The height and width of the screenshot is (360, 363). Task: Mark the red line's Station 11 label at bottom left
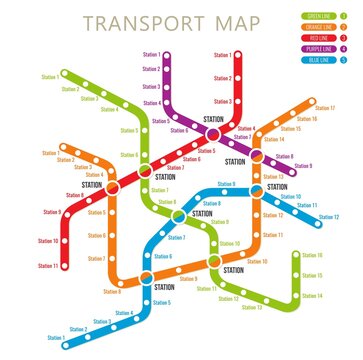pyautogui.click(x=47, y=265)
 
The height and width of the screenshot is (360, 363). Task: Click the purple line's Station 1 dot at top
pyautogui.click(x=167, y=56)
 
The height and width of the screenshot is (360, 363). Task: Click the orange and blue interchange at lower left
pyautogui.click(x=146, y=277)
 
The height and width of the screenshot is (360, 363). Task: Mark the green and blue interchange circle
pyautogui.click(x=179, y=214)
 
